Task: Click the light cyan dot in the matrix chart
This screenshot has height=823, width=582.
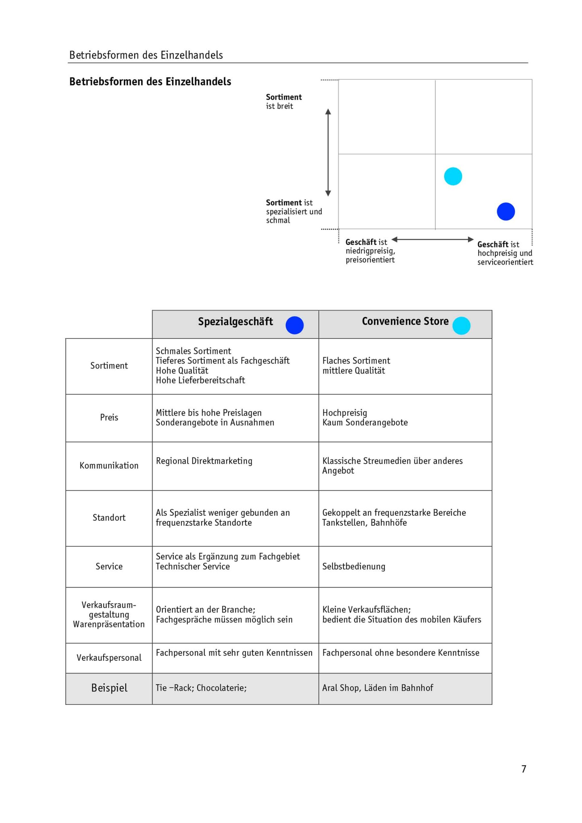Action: pyautogui.click(x=453, y=176)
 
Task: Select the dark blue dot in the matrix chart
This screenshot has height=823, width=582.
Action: pyautogui.click(x=506, y=212)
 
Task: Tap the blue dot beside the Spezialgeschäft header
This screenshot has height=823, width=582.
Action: pyautogui.click(x=294, y=325)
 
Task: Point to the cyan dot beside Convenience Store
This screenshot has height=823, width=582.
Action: pyautogui.click(x=461, y=325)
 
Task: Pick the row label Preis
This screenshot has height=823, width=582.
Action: pyautogui.click(x=109, y=418)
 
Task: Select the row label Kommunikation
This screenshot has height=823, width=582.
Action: pyautogui.click(x=109, y=466)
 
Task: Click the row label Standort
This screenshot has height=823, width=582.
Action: pyautogui.click(x=109, y=518)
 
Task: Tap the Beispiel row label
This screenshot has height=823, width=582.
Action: pyautogui.click(x=109, y=688)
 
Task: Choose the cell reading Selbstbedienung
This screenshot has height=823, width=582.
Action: pyautogui.click(x=354, y=566)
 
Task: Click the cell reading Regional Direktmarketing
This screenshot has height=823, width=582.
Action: pyautogui.click(x=204, y=461)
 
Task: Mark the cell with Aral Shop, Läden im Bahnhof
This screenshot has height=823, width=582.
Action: pyautogui.click(x=378, y=688)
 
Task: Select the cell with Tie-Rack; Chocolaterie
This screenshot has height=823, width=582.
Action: pyautogui.click(x=201, y=688)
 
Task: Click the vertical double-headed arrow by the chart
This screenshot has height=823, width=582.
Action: pyautogui.click(x=328, y=152)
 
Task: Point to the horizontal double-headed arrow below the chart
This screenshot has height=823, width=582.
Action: pyautogui.click(x=432, y=239)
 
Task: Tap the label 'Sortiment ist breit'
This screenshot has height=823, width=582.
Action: pyautogui.click(x=284, y=102)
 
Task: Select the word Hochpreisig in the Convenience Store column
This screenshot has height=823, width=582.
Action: pyautogui.click(x=344, y=413)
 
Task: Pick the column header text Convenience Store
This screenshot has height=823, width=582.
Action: pyautogui.click(x=405, y=321)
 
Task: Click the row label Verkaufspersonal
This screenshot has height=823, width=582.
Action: pyautogui.click(x=109, y=658)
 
